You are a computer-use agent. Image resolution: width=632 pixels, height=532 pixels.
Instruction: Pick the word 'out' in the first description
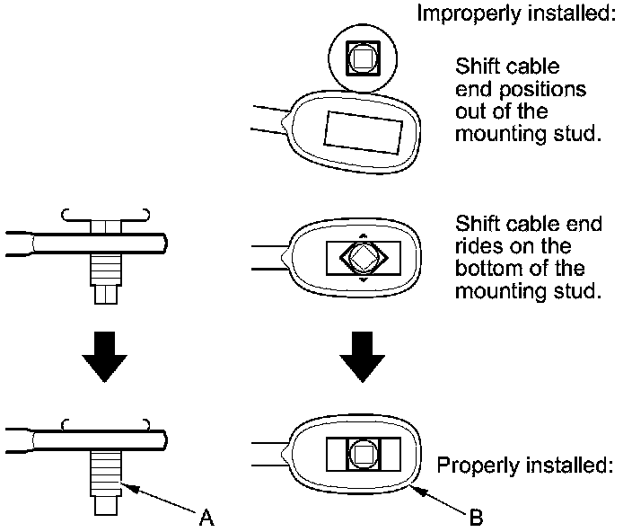tap(470, 112)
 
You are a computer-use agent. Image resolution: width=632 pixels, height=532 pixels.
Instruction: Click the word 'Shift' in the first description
tap(477, 67)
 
